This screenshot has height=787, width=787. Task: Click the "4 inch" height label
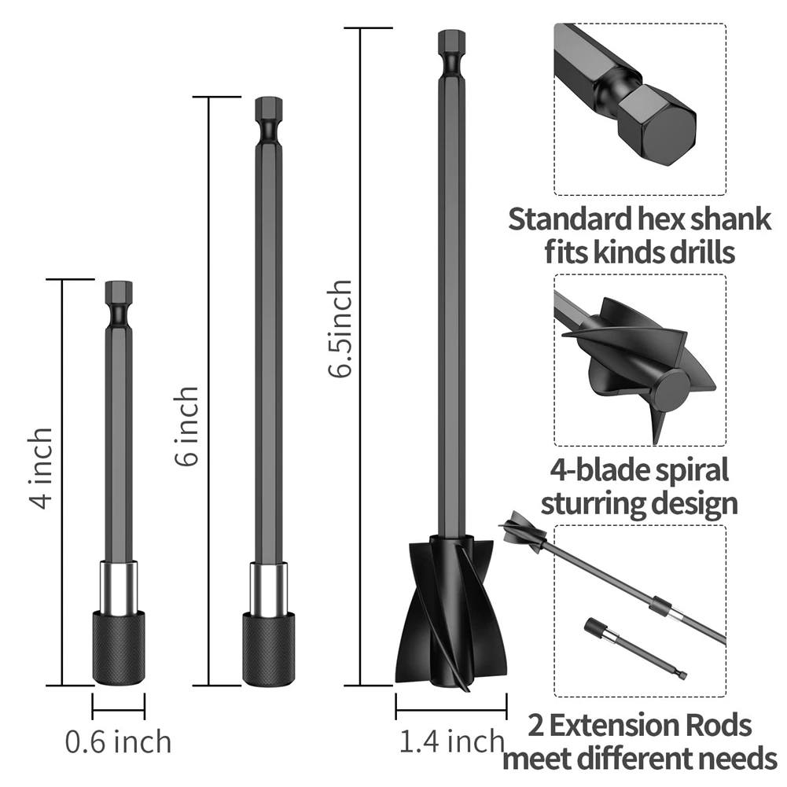tap(41, 468)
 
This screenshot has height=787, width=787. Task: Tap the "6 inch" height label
tap(187, 426)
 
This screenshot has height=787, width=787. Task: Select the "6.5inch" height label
tap(340, 329)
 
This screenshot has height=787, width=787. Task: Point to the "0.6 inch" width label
tap(119, 742)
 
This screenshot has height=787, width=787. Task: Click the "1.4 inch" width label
tap(452, 741)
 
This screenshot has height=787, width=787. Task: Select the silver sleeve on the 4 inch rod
tap(119, 587)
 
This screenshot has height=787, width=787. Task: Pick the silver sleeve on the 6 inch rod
tap(269, 587)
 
